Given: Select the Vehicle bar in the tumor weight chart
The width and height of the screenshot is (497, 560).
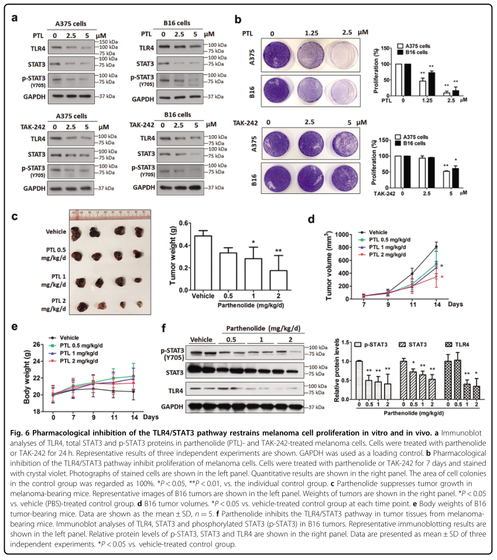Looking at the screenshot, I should (202, 261).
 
